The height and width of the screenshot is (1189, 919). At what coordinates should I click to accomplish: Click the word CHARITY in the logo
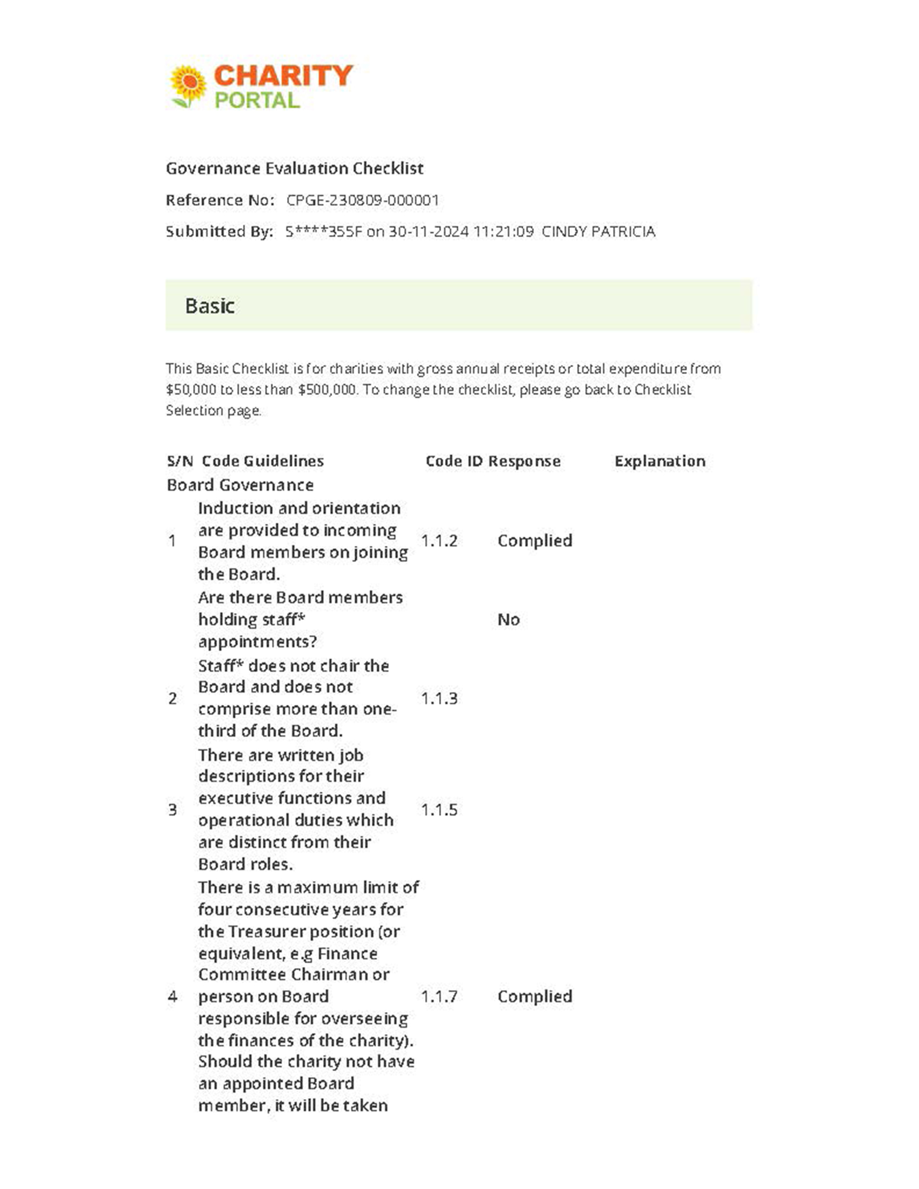click(283, 76)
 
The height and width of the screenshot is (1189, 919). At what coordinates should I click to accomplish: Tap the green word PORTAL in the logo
click(256, 100)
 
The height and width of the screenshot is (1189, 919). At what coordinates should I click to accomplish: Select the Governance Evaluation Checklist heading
click(295, 168)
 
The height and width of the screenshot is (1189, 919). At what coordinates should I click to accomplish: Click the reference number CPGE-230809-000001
click(363, 201)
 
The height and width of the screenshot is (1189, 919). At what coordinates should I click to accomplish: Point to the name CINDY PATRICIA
click(598, 232)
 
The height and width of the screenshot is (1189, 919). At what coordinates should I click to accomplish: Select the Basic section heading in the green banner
click(210, 306)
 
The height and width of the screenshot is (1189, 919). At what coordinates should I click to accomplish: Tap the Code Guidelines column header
click(262, 461)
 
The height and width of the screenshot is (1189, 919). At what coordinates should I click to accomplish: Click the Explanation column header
click(660, 461)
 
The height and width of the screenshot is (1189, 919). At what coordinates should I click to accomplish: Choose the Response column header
click(524, 461)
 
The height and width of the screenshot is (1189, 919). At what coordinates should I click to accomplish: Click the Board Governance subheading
click(240, 485)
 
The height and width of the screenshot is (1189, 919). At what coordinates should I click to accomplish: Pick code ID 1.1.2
click(439, 540)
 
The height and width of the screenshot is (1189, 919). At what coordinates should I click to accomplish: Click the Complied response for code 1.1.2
click(535, 540)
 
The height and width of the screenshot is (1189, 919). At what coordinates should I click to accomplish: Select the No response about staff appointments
click(509, 619)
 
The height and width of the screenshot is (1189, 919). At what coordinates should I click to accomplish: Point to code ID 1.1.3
click(439, 698)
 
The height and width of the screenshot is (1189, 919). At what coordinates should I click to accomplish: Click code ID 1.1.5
click(439, 810)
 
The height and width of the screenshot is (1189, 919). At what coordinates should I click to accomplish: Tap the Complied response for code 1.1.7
click(535, 996)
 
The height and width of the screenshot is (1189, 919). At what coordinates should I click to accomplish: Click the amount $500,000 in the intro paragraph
click(327, 390)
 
